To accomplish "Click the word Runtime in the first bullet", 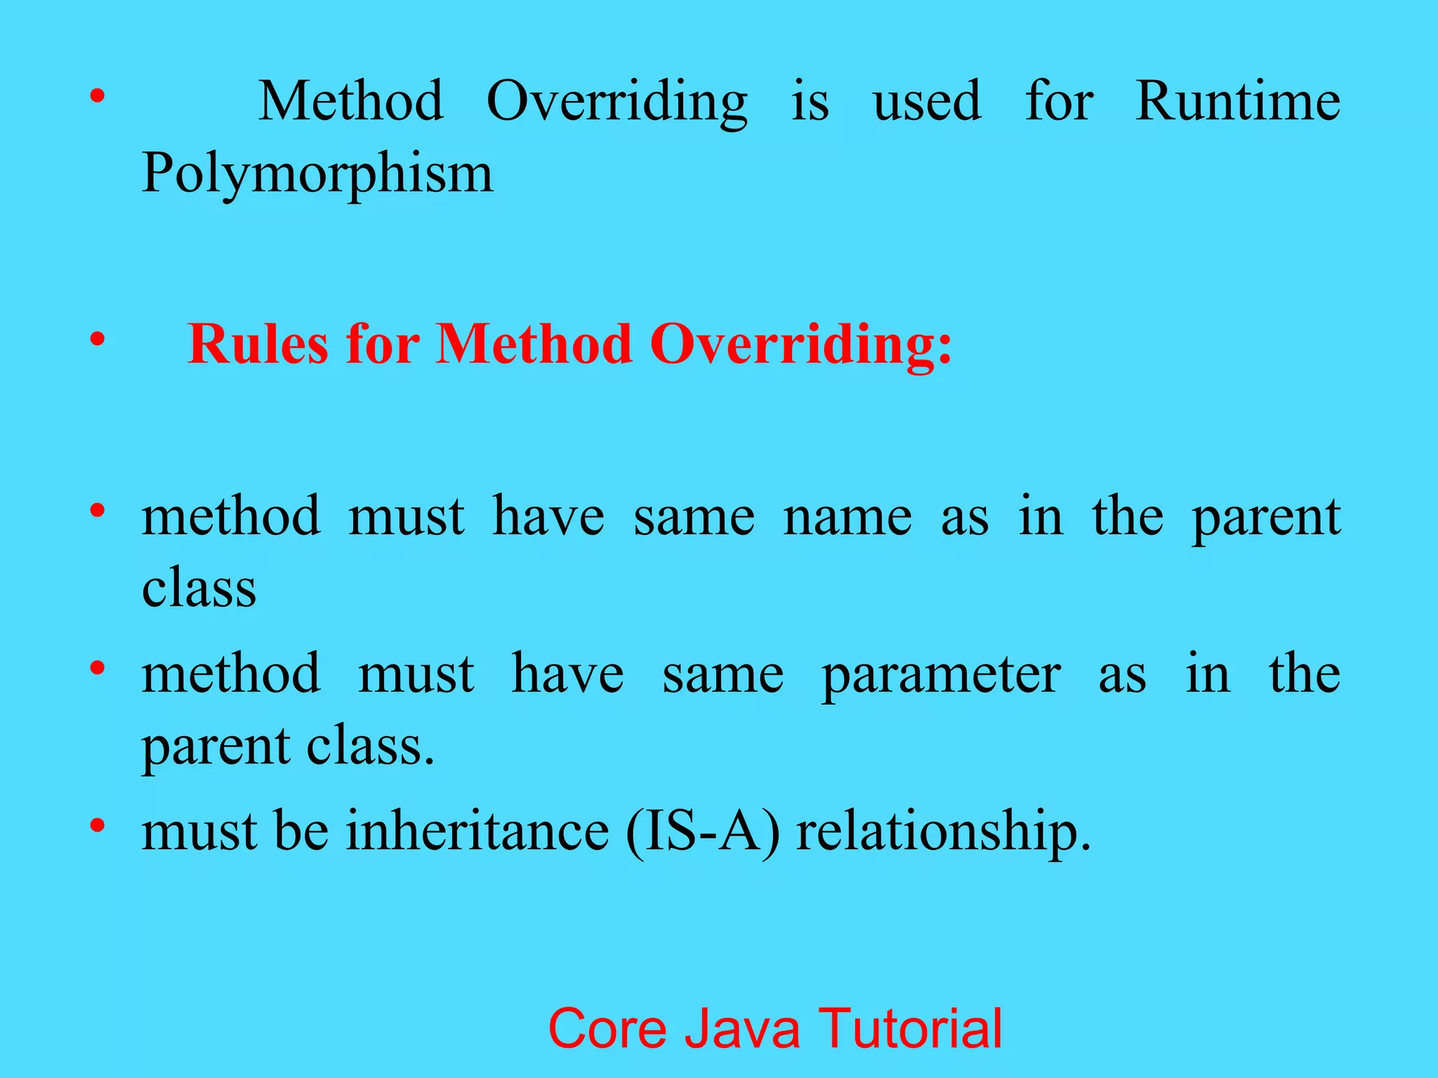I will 1238,102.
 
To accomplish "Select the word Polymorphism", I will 317,174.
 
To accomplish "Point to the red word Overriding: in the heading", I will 801,345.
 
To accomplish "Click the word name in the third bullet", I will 847,517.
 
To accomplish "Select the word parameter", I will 941,675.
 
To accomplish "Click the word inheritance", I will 477,831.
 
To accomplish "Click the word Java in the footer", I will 742,1028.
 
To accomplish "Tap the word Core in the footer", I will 607,1028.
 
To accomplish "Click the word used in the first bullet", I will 927,102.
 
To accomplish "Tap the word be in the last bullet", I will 301,831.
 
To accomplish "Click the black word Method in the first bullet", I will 351,102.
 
